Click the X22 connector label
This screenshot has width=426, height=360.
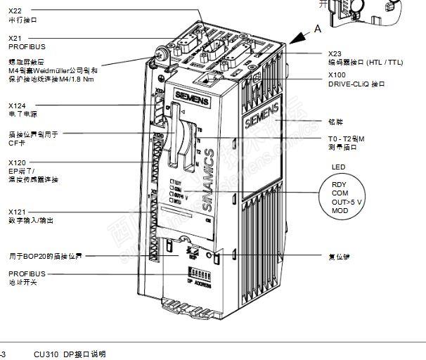tap(15, 11)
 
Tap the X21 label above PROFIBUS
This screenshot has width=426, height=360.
tap(15, 38)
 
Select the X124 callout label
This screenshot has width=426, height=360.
tap(17, 106)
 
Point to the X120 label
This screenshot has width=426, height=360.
tap(17, 162)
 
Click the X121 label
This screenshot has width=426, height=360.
tap(17, 212)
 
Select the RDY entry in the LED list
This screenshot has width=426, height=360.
tap(340, 185)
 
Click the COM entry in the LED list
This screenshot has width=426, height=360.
tap(340, 193)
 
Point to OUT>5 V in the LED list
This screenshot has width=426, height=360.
tap(347, 202)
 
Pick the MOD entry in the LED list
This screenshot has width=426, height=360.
tap(340, 210)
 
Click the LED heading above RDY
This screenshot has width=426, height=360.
tap(338, 167)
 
